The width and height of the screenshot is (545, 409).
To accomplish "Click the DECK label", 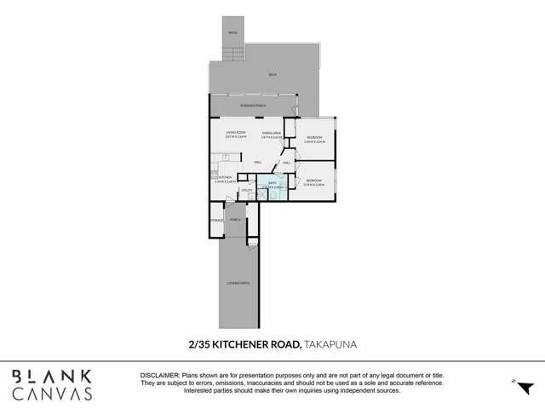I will pos(272,75).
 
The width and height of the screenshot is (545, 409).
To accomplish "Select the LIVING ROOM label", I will pos(236,134).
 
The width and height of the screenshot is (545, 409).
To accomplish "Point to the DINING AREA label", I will pos(272,134).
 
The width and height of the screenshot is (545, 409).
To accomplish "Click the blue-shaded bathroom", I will pos(273,187).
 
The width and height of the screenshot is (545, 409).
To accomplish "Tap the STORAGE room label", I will pos(216,220).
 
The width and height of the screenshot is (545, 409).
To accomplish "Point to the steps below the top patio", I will pos(233,54).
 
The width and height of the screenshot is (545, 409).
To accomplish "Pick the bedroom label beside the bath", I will pos(313,181).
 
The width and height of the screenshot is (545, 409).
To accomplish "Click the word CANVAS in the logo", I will pos(53,394).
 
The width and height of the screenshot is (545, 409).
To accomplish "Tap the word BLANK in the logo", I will pos(53,376).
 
